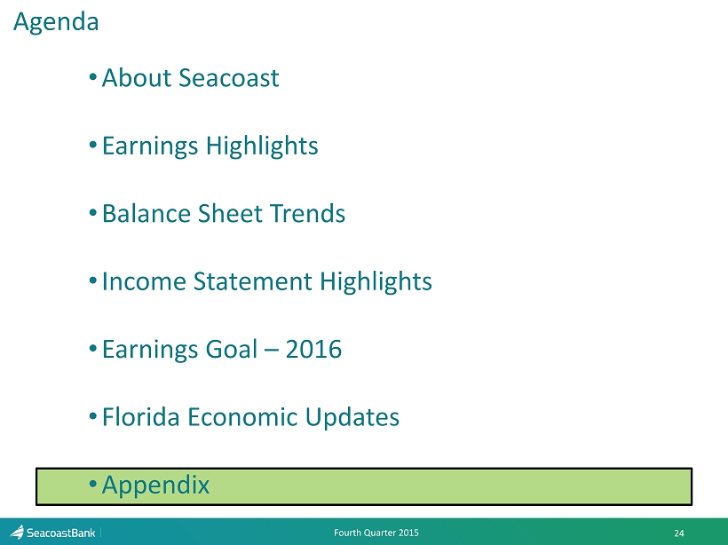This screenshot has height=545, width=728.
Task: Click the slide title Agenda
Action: click(x=56, y=22)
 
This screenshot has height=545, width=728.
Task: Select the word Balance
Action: click(x=146, y=214)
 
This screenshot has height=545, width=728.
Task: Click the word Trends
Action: click(x=308, y=214)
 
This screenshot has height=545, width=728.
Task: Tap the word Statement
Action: click(x=252, y=281)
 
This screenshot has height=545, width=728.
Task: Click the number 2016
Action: click(x=313, y=349)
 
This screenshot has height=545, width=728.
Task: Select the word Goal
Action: click(x=231, y=349)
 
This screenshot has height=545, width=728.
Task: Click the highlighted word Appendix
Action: click(x=155, y=486)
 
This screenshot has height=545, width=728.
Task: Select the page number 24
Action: click(x=679, y=533)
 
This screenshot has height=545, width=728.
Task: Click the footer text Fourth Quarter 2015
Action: click(x=376, y=533)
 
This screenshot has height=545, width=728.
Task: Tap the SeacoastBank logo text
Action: click(x=61, y=533)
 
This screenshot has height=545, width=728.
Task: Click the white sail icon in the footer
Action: click(x=17, y=532)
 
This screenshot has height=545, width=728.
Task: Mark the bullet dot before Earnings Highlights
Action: click(x=93, y=146)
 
